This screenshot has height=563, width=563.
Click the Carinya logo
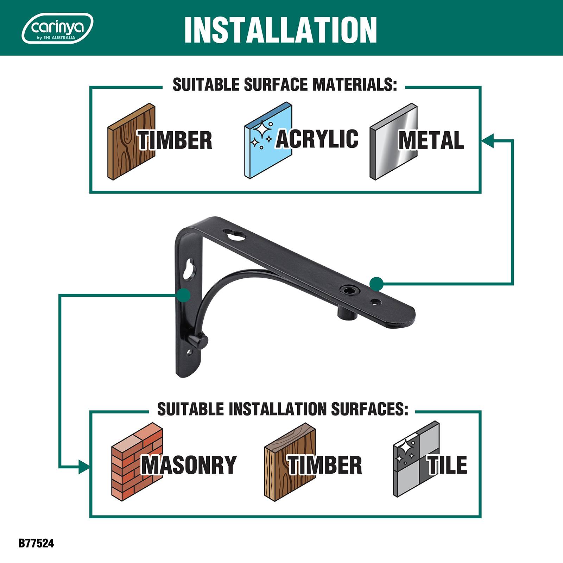click(57, 28)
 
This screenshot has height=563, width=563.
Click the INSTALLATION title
click(280, 30)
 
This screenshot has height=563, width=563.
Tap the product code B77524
click(36, 543)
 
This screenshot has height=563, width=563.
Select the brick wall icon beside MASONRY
click(137, 460)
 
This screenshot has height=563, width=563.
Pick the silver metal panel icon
click(393, 141)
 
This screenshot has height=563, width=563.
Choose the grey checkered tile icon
click(416, 459)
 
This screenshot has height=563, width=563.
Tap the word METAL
click(431, 140)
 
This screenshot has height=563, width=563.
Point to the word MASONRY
click(189, 465)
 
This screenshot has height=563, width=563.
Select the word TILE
click(447, 464)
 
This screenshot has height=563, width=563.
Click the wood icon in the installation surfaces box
click(290, 460)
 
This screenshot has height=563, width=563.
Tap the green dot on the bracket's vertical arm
click(184, 295)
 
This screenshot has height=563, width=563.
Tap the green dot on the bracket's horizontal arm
click(376, 284)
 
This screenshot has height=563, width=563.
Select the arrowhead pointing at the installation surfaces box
click(84, 467)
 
